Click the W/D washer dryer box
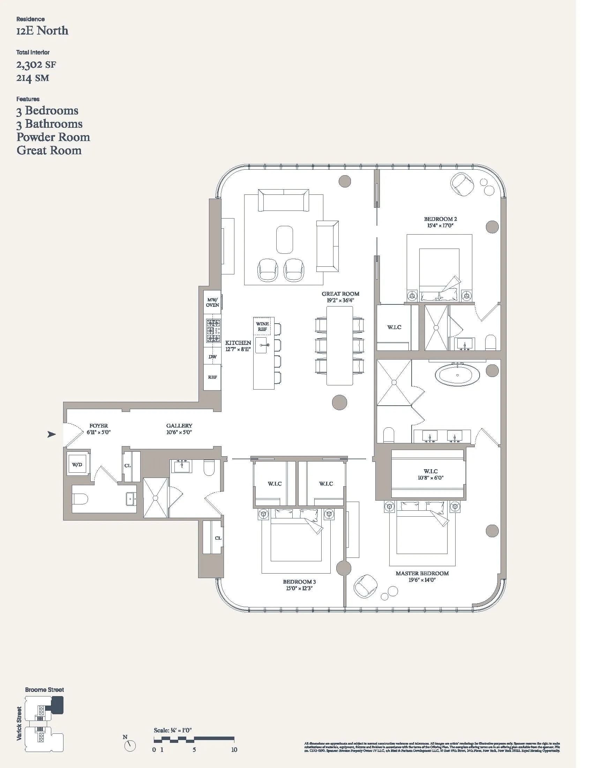77,465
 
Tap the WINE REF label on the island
262,326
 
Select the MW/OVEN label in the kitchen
212,302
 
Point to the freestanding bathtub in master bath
457,375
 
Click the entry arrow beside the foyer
52,435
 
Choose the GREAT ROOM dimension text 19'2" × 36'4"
340,300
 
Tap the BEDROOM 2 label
440,219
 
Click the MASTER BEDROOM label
422,574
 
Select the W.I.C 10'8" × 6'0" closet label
431,474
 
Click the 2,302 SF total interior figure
36,65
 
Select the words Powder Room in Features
53,137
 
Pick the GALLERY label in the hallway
179,426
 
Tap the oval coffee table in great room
285,239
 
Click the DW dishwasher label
212,356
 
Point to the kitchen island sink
261,346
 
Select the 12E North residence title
42,31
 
